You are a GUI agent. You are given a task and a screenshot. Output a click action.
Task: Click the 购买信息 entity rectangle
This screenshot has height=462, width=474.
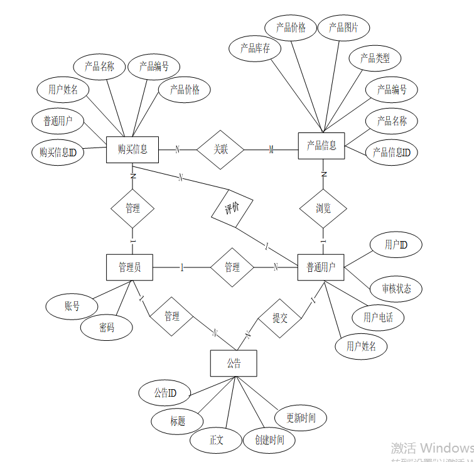[x=132, y=149]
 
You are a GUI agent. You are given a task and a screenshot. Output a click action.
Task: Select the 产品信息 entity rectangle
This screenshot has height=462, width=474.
[x=321, y=146]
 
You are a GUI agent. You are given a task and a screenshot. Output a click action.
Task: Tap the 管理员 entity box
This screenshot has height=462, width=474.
[x=130, y=267]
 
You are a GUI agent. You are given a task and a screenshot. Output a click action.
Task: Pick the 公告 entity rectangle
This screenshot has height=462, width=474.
[x=234, y=363]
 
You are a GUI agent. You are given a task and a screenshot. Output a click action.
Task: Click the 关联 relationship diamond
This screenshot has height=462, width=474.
[x=220, y=149]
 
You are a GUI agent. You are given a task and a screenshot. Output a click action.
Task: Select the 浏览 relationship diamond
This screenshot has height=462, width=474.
[x=323, y=208]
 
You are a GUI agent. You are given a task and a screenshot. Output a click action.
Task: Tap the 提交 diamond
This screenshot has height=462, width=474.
[x=280, y=318]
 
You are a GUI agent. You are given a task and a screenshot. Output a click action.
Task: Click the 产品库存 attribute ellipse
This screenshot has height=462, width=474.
[x=256, y=49]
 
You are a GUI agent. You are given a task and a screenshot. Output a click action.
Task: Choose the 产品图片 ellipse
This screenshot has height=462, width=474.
[x=343, y=28]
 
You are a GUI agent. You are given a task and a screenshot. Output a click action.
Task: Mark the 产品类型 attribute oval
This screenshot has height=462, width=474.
[x=375, y=58]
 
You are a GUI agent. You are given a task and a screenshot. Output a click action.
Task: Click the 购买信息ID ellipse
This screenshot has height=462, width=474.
[x=58, y=152]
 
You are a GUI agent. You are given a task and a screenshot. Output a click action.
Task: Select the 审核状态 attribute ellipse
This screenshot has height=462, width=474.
[x=397, y=289]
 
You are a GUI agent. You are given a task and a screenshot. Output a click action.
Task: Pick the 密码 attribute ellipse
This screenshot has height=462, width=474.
[x=107, y=328]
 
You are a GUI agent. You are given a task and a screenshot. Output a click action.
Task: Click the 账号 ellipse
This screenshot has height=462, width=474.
[x=72, y=306]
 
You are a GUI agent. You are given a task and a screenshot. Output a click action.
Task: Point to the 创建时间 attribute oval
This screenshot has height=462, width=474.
[x=269, y=440]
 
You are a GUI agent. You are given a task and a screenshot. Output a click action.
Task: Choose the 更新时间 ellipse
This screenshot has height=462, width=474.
[x=301, y=418]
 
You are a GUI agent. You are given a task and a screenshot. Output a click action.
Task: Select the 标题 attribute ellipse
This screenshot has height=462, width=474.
[x=178, y=421]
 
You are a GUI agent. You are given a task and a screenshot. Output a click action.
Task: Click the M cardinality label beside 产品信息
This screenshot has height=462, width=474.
[x=271, y=150]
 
